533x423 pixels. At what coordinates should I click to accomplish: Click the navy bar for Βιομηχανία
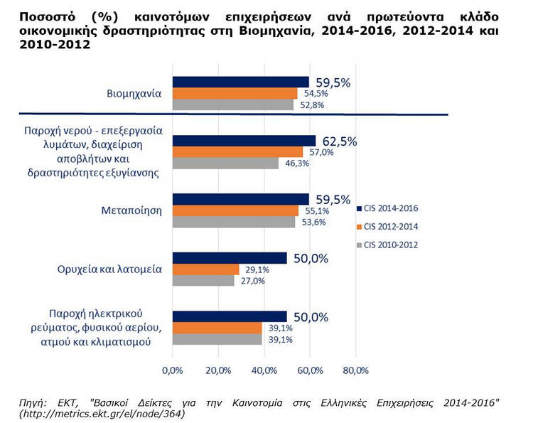(240, 82)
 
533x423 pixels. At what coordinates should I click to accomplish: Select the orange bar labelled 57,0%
(237, 152)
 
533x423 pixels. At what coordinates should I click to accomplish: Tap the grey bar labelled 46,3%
(225, 164)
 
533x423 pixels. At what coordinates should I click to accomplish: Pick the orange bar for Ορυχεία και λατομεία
(205, 269)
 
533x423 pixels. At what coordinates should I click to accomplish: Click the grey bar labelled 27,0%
(203, 281)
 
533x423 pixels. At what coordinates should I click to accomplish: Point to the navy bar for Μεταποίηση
(240, 199)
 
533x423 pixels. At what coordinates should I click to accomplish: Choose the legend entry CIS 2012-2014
(390, 226)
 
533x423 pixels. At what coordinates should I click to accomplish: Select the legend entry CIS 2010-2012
(390, 245)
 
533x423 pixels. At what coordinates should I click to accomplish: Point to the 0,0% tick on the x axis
(173, 370)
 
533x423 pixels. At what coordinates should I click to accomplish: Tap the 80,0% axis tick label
(355, 370)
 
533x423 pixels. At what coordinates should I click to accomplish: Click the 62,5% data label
(338, 141)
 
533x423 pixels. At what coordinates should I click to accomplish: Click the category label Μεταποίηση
(131, 210)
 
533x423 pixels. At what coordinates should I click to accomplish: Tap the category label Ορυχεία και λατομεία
(109, 269)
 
